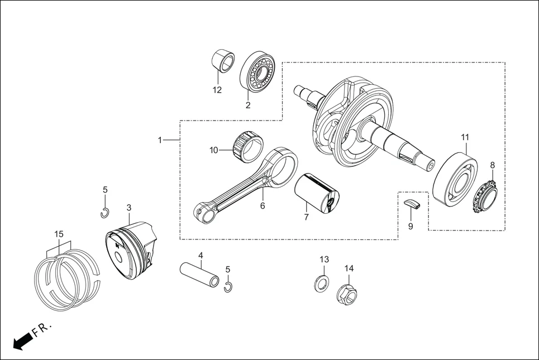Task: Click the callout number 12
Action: point(217,90)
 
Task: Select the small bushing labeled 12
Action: point(225,61)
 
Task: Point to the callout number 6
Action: point(262,205)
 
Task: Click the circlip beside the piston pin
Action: point(228,287)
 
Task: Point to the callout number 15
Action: point(59,233)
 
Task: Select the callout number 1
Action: point(160,140)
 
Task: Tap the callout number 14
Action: point(349,268)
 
